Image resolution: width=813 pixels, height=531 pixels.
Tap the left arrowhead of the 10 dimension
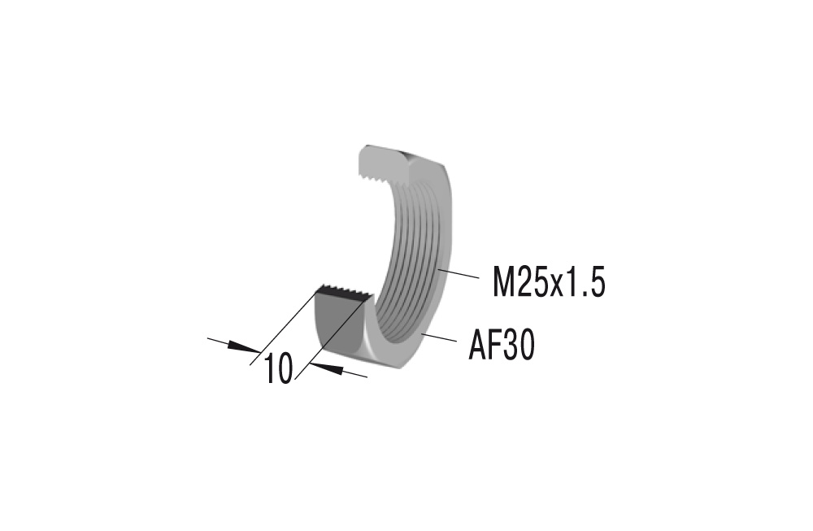(243, 347)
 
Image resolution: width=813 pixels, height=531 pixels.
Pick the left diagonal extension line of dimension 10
(285, 324)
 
